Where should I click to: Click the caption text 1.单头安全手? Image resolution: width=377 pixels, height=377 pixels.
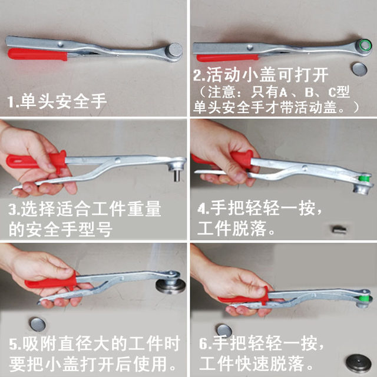pos(57,101)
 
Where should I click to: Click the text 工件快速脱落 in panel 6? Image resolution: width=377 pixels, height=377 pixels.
pos(260,361)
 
